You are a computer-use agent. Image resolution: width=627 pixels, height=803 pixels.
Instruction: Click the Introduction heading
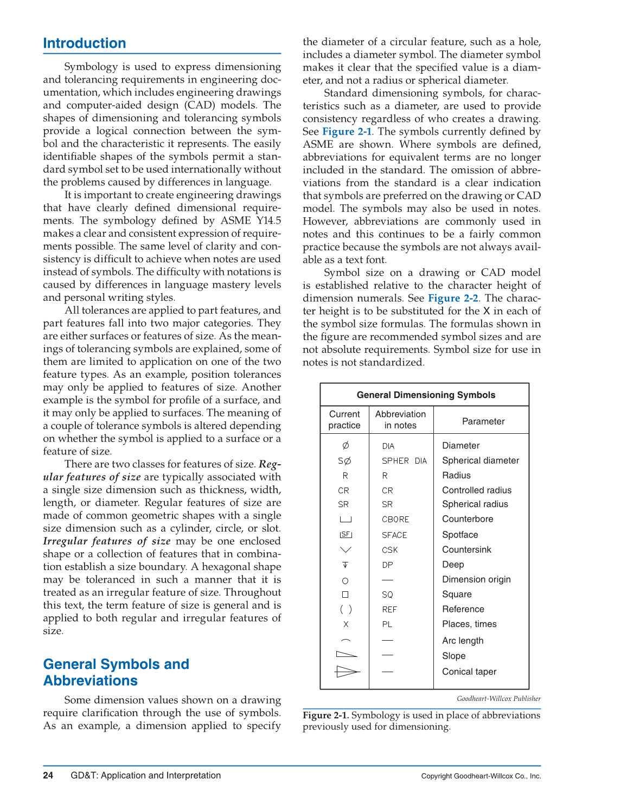(x=85, y=43)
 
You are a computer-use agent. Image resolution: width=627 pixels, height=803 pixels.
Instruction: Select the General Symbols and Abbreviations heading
(x=116, y=672)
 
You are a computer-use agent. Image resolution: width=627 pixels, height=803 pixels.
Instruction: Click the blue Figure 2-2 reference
(x=453, y=298)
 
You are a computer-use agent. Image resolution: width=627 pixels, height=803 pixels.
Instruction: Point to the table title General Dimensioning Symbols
(x=426, y=395)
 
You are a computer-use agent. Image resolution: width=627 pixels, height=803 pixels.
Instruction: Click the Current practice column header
(x=344, y=420)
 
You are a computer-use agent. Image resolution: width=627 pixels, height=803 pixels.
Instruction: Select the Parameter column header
(x=483, y=421)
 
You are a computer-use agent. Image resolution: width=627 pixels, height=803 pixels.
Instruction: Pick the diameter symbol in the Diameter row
(x=346, y=446)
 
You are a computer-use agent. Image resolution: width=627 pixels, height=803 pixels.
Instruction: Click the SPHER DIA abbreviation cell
(x=404, y=461)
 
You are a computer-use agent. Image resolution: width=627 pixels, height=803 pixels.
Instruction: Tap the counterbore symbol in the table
(x=346, y=520)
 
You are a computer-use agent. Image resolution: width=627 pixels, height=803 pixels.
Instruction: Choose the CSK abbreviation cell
(x=389, y=550)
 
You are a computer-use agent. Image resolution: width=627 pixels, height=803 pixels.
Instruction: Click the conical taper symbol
(x=347, y=672)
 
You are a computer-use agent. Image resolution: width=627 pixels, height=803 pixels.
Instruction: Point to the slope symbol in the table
(x=347, y=655)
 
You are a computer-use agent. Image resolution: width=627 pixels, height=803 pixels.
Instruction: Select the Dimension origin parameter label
(x=476, y=579)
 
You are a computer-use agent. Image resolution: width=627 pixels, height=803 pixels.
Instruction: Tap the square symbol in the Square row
(x=345, y=595)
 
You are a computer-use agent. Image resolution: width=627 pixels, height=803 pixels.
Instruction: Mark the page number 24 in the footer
(x=48, y=775)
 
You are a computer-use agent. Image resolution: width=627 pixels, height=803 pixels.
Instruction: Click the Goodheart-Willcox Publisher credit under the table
(x=498, y=699)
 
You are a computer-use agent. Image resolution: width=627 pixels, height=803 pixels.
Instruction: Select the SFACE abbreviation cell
(x=394, y=535)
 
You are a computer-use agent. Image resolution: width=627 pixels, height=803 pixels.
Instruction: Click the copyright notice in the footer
(x=481, y=776)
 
